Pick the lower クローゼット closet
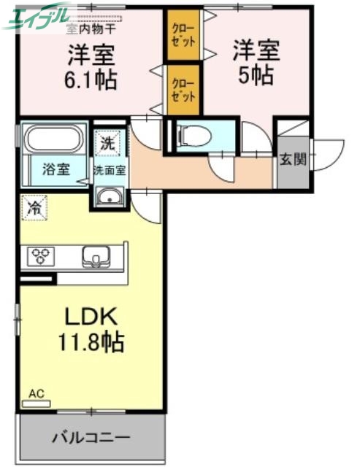[183, 90]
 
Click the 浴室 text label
[55, 170]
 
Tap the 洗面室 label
[110, 170]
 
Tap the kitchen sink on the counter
[96, 256]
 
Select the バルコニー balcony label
[91, 438]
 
